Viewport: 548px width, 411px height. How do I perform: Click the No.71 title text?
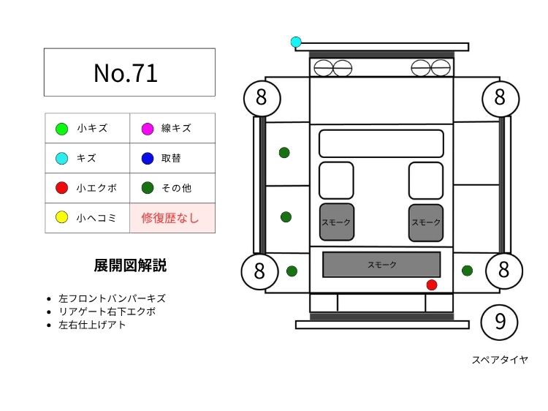126,72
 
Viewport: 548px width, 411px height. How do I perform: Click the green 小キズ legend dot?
61,129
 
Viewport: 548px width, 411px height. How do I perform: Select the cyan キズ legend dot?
61,158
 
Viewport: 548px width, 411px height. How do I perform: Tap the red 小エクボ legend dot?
61,188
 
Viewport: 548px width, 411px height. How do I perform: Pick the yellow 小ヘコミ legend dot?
61,217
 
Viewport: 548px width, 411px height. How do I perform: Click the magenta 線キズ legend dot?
147,129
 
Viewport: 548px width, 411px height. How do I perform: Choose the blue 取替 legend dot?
147,158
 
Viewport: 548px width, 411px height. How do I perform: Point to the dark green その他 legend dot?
147,188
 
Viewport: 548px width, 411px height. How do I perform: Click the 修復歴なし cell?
172,218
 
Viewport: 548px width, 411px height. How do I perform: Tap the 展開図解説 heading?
130,265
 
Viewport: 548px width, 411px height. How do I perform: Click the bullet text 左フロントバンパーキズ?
112,298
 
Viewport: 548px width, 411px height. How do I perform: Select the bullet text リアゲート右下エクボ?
107,312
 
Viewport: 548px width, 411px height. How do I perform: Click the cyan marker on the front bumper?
296,42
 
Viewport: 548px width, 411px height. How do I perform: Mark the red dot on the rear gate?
432,284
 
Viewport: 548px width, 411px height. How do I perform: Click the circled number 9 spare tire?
500,322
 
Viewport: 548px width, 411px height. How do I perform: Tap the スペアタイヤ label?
499,360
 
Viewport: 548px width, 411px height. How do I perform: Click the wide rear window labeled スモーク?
381,265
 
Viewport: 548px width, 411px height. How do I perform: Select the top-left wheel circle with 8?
261,98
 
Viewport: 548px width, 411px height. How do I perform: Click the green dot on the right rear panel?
467,271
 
